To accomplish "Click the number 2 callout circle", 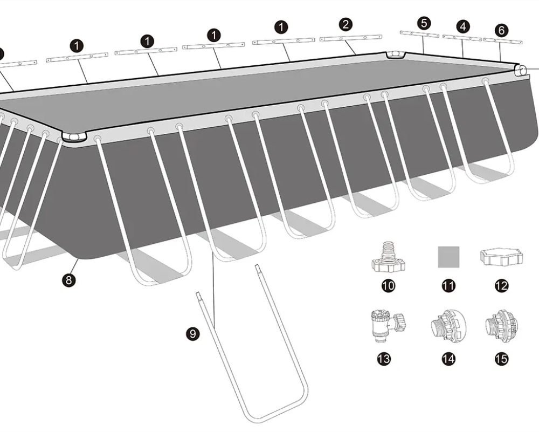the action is (345, 24).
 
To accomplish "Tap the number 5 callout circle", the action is (424, 23).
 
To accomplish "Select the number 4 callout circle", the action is (463, 26).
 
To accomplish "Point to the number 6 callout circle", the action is (501, 30).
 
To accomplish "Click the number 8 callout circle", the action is (69, 280).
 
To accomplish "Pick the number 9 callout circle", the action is (192, 334).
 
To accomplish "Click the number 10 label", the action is (388, 286).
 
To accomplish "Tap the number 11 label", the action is (448, 286).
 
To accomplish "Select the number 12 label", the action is (501, 286).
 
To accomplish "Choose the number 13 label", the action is (384, 359).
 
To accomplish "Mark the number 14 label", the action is (448, 359).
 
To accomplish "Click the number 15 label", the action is (501, 359).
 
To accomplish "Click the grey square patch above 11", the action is (448, 257).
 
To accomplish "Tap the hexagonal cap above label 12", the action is (501, 257).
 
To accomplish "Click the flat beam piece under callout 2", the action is (351, 38).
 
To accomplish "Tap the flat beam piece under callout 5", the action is (419, 33).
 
